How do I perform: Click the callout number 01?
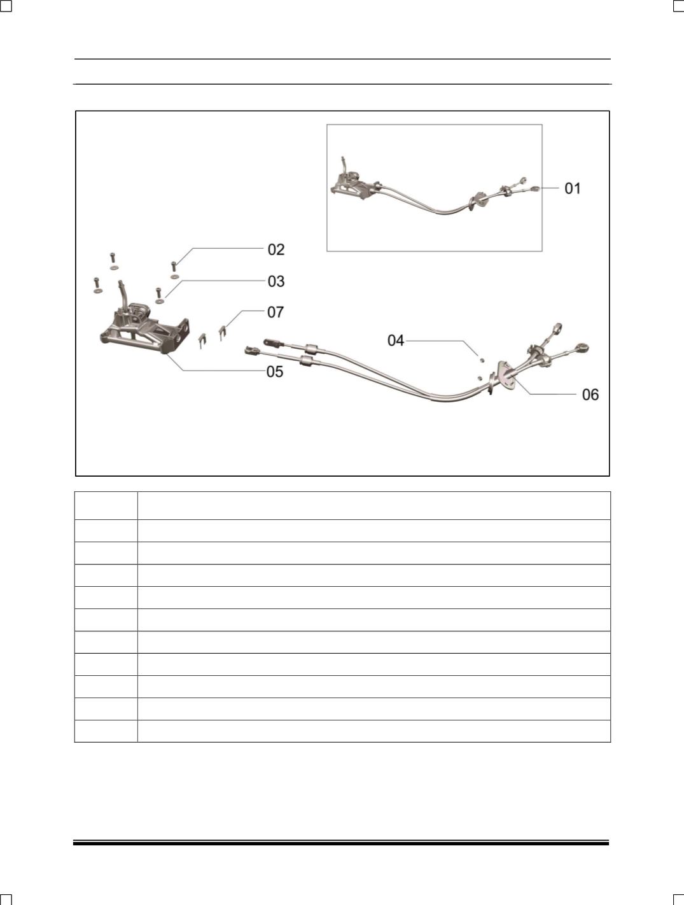573,188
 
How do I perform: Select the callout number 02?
276,249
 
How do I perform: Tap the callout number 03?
276,281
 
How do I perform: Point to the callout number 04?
396,340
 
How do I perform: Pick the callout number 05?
275,372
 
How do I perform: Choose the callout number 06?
590,395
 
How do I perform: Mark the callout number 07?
276,312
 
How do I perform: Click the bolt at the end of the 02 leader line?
174,267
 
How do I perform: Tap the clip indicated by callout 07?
223,332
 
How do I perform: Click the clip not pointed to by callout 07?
202,340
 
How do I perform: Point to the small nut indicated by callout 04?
481,360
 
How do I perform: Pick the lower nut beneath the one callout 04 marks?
479,377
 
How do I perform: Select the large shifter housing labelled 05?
144,330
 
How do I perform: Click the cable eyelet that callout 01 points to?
535,189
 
